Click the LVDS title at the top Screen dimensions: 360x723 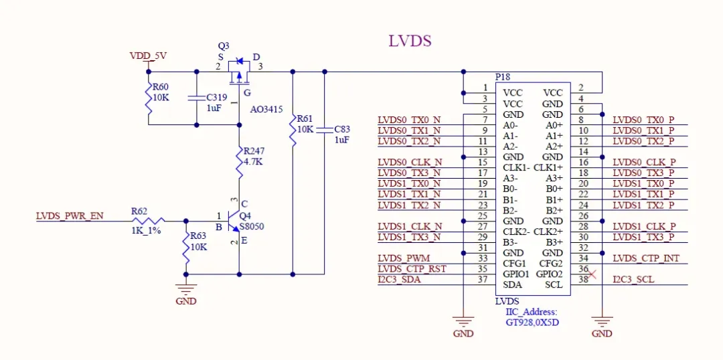pyautogui.click(x=410, y=41)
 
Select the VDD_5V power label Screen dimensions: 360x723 pyautogui.click(x=148, y=57)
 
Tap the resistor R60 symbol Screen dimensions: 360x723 pyautogui.click(x=148, y=98)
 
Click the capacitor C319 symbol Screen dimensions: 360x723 pyautogui.click(x=196, y=98)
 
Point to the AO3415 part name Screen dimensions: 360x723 pyautogui.click(x=267, y=109)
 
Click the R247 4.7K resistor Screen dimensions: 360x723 pyautogui.click(x=239, y=158)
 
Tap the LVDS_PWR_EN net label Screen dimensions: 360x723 pyautogui.click(x=70, y=216)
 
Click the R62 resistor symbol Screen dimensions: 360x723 pyautogui.click(x=148, y=220)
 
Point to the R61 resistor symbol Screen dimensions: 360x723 pyautogui.click(x=293, y=129)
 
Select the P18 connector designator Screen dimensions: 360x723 pyautogui.click(x=502, y=78)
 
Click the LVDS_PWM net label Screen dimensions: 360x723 pyautogui.click(x=404, y=258)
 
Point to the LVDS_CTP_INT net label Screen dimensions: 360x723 pyautogui.click(x=646, y=258)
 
